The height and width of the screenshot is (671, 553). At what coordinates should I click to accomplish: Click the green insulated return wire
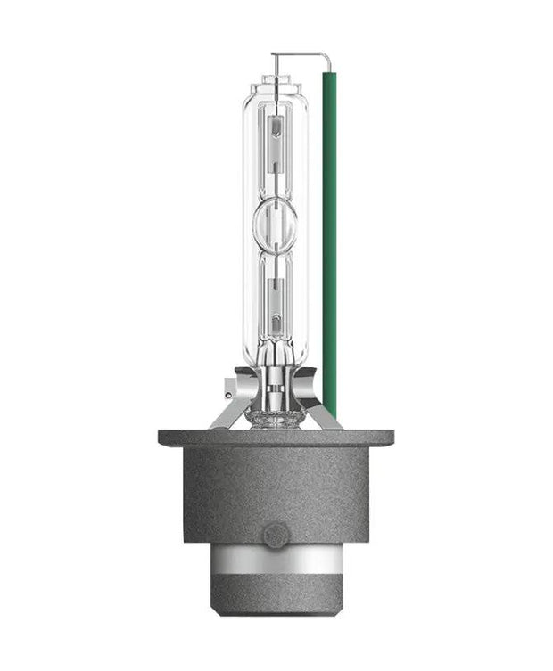click(329, 241)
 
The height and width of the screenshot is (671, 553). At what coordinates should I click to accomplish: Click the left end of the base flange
click(165, 438)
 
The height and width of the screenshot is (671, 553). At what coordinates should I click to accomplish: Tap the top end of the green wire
click(329, 78)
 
